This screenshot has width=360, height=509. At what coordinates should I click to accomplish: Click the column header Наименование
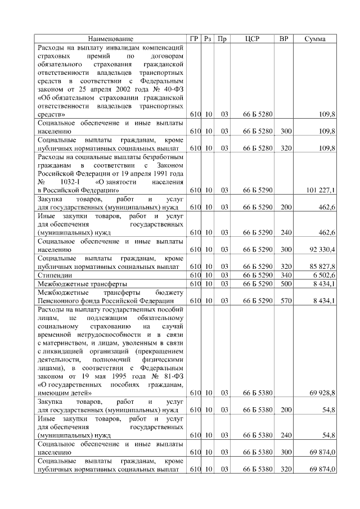tap(111, 39)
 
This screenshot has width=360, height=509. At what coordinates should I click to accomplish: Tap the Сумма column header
tap(316, 39)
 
